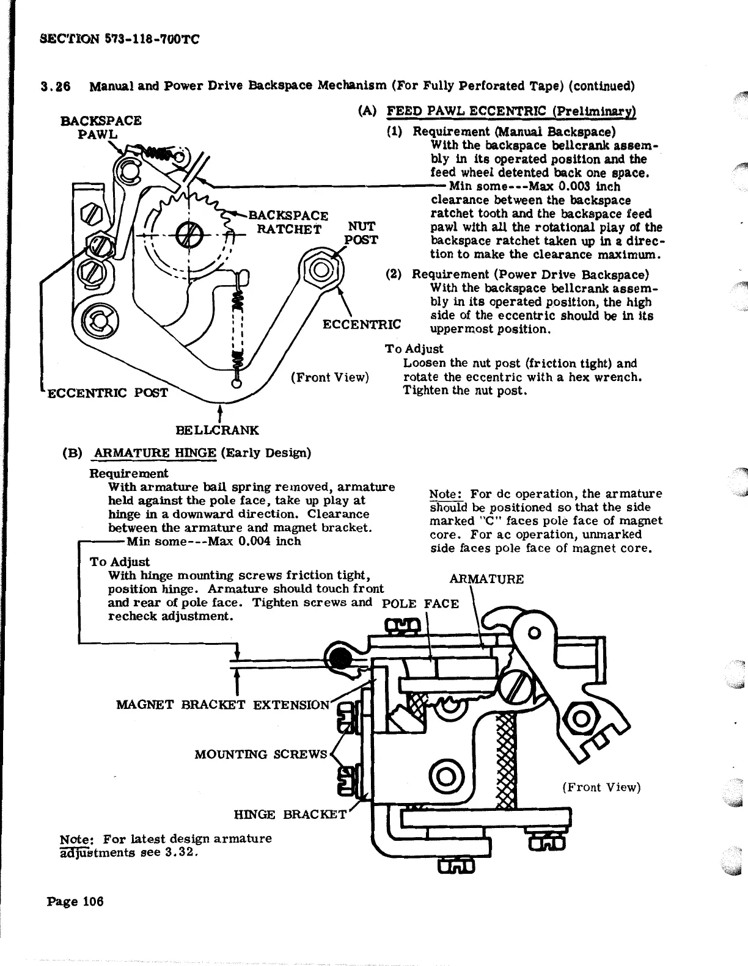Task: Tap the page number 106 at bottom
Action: [92, 901]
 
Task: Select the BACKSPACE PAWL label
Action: [101, 127]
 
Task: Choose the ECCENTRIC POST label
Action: [107, 392]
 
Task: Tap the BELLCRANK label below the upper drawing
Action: [217, 430]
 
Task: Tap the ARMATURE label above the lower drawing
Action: [486, 579]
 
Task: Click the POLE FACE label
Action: [419, 604]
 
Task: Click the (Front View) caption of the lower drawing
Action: [601, 787]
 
